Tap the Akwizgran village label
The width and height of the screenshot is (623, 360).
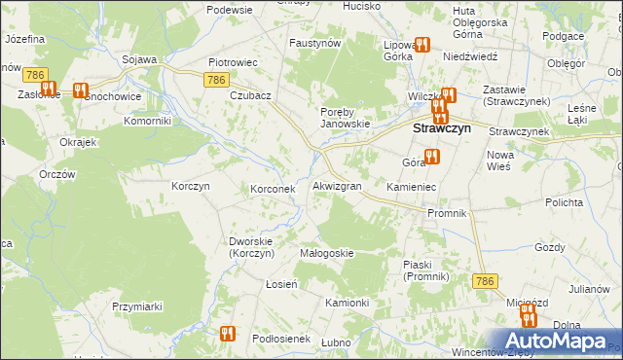pyautogui.click(x=337, y=185)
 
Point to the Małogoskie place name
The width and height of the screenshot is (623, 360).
pyautogui.click(x=326, y=252)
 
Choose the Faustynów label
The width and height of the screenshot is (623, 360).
pyautogui.click(x=314, y=44)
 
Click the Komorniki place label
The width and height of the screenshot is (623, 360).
pyautogui.click(x=148, y=122)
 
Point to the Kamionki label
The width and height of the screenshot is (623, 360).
pyautogui.click(x=347, y=303)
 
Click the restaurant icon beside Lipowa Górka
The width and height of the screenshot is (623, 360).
pyautogui.click(x=422, y=44)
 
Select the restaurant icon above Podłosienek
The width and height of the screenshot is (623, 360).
pyautogui.click(x=228, y=333)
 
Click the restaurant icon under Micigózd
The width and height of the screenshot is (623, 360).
pyautogui.click(x=528, y=317)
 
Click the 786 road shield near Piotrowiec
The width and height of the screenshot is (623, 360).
pyautogui.click(x=218, y=80)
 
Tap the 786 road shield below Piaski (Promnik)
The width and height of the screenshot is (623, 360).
pyautogui.click(x=486, y=280)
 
